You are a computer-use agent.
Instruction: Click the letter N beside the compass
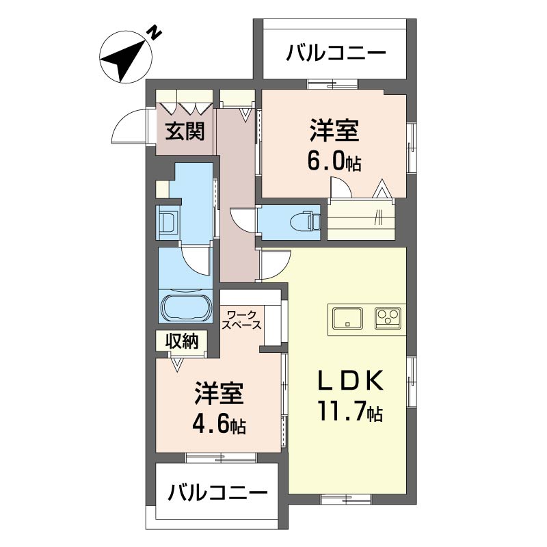point(155,32)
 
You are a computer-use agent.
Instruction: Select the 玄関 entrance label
point(185,131)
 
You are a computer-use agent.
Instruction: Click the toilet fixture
point(305,221)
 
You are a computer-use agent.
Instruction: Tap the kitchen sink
point(347,318)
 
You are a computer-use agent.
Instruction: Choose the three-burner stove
point(388,318)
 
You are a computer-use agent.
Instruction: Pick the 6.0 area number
point(334,161)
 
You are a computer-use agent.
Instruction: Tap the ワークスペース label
point(242,320)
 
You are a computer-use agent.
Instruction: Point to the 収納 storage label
point(182,341)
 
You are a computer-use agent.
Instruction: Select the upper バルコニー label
point(336,54)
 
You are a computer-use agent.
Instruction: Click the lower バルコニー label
point(217,492)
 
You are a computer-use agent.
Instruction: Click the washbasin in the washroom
point(168,222)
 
